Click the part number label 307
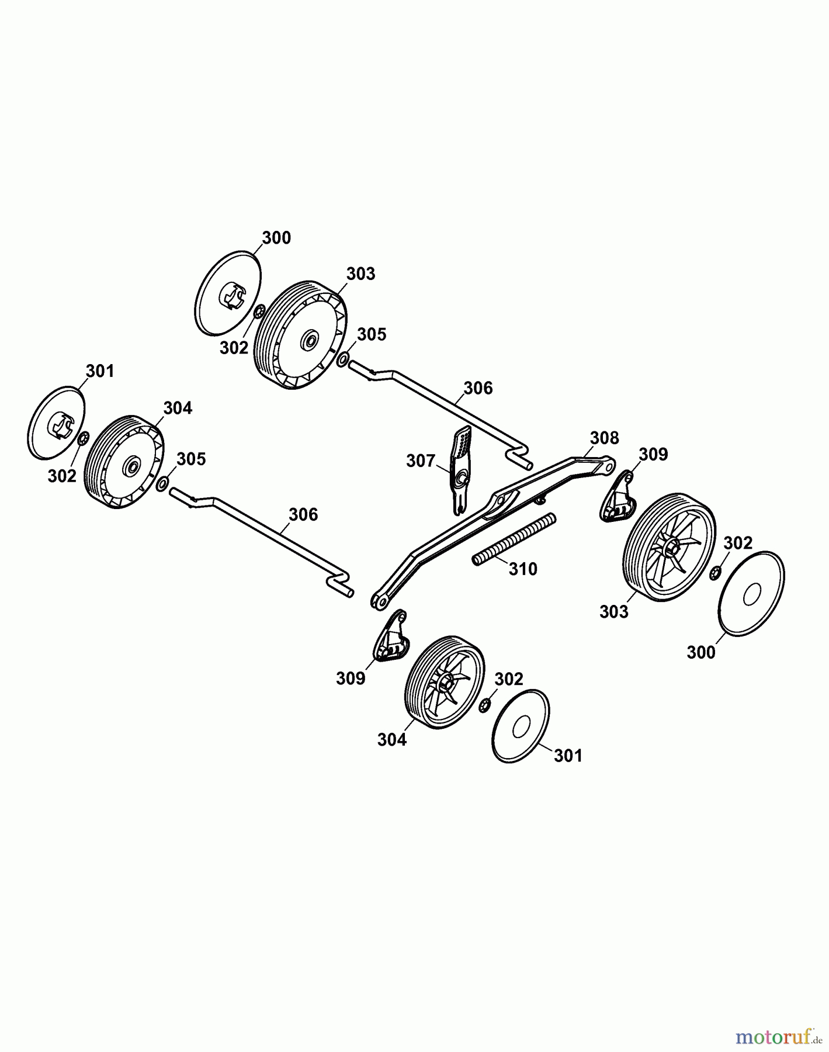pyautogui.click(x=421, y=461)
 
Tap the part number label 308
pyautogui.click(x=604, y=438)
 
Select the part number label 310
pyautogui.click(x=523, y=569)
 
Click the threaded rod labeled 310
pyautogui.click(x=514, y=538)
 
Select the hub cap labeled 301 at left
pyautogui.click(x=57, y=422)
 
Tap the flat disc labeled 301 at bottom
pyautogui.click(x=521, y=726)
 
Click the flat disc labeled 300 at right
pyautogui.click(x=751, y=592)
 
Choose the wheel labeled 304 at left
pyautogui.click(x=124, y=462)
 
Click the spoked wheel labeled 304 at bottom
pyautogui.click(x=445, y=683)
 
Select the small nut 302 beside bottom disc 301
pyautogui.click(x=484, y=707)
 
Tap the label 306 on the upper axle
pyautogui.click(x=478, y=388)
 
